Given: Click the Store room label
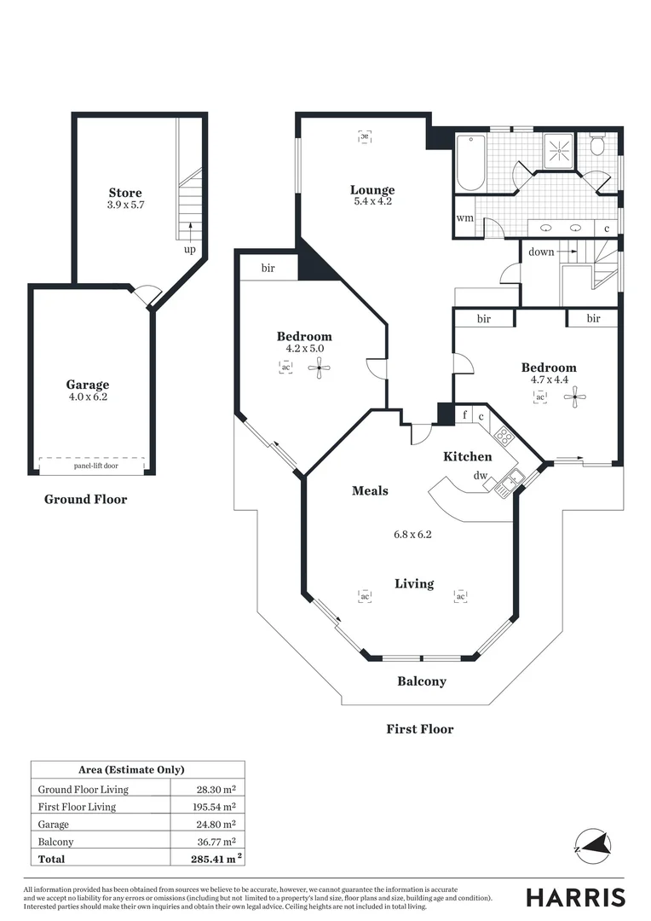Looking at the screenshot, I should pyautogui.click(x=125, y=193).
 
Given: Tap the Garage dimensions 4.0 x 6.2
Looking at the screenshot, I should pyautogui.click(x=88, y=397).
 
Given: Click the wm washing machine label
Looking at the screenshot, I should pyautogui.click(x=464, y=218).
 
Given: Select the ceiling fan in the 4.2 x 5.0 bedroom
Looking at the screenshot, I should pyautogui.click(x=320, y=368).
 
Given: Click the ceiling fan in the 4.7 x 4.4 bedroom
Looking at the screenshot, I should pyautogui.click(x=576, y=395).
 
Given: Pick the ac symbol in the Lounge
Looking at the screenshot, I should pyautogui.click(x=364, y=136).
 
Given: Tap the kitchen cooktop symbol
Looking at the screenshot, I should pyautogui.click(x=504, y=437).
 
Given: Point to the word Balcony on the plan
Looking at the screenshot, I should pyautogui.click(x=422, y=681).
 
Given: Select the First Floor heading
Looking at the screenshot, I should pyautogui.click(x=419, y=729).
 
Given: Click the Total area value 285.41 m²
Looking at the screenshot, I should pyautogui.click(x=213, y=859).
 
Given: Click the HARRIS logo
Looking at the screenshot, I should pyautogui.click(x=575, y=897).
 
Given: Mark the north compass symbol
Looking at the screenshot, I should pyautogui.click(x=592, y=845).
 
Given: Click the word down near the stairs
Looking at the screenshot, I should pyautogui.click(x=541, y=252).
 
